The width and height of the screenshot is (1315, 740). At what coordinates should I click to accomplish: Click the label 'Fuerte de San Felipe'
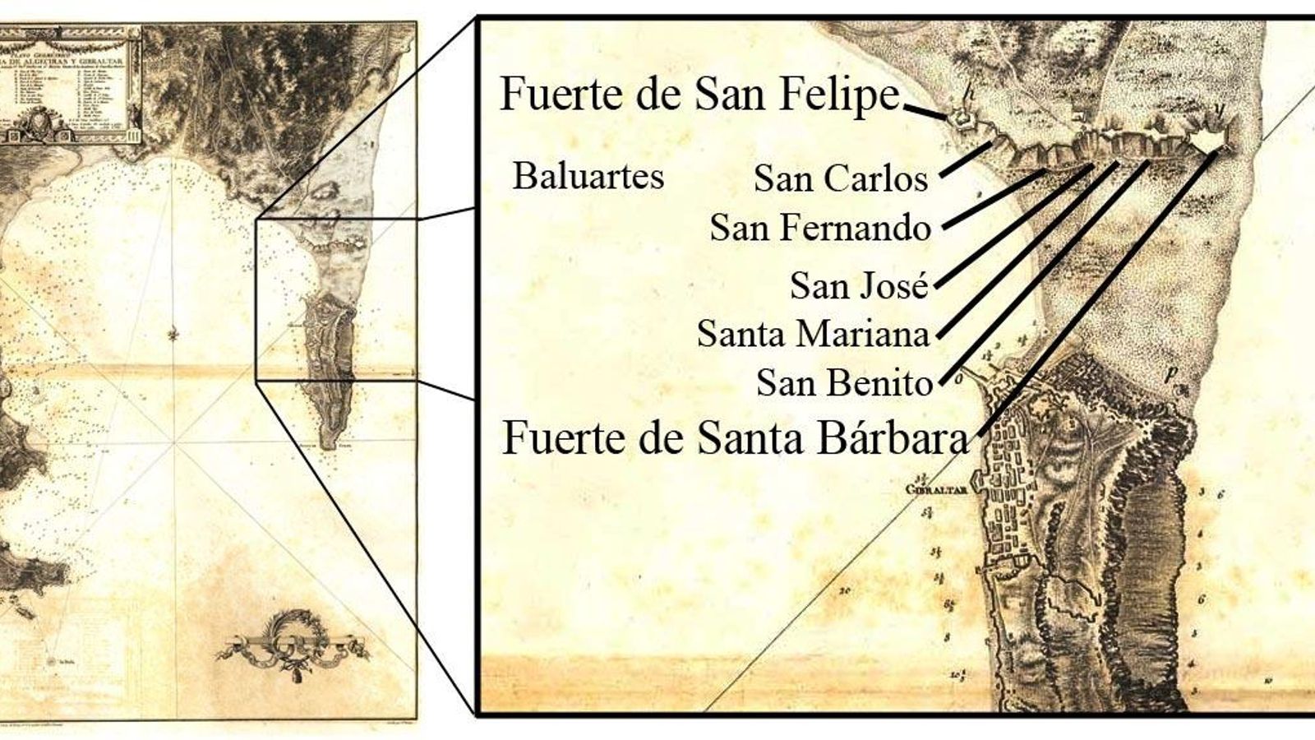(700, 95)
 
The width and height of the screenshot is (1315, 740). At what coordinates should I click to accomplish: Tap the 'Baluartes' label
(588, 176)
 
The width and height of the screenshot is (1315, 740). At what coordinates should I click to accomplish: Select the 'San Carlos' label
(841, 178)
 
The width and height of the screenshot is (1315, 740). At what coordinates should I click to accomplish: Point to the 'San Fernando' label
(820, 228)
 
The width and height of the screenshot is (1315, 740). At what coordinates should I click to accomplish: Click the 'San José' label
(859, 285)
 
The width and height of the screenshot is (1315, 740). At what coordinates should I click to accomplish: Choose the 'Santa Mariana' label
(813, 334)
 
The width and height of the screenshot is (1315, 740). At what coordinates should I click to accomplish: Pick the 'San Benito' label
(844, 383)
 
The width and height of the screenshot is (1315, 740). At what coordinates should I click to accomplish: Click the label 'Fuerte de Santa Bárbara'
(736, 438)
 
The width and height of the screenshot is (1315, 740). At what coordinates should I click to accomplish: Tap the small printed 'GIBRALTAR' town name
(934, 488)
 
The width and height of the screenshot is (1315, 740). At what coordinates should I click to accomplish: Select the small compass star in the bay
(173, 334)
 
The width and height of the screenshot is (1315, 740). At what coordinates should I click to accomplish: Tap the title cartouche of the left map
(72, 82)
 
